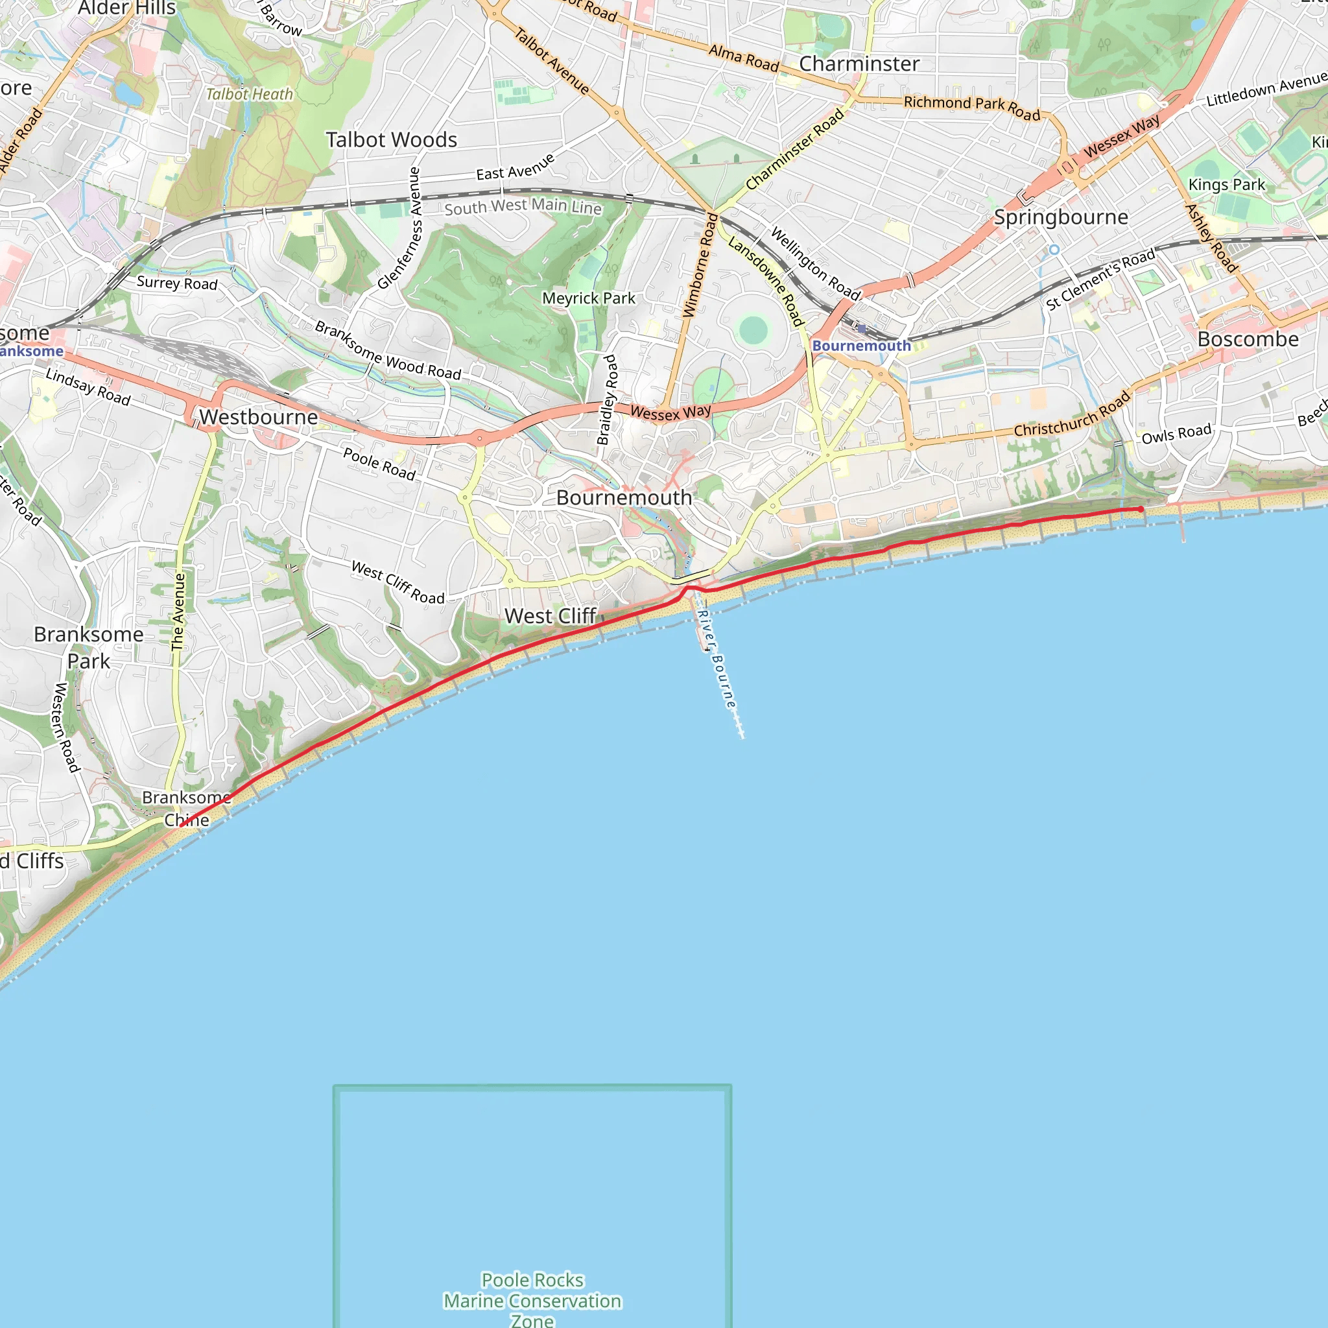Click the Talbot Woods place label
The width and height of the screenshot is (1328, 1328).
(391, 140)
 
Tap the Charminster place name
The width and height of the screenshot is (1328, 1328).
(859, 64)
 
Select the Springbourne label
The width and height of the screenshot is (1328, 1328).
(1061, 217)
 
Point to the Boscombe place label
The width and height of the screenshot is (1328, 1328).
(1248, 340)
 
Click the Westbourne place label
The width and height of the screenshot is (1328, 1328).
(259, 417)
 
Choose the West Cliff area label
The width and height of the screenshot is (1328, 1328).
(550, 616)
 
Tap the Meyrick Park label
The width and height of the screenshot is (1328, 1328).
(588, 298)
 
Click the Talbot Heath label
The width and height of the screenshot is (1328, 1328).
(250, 94)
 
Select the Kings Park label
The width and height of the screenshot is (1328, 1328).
(1226, 185)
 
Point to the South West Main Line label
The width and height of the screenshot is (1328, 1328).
(523, 206)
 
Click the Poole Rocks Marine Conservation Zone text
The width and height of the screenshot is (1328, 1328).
(532, 1300)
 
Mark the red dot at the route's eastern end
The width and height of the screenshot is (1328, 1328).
(1141, 509)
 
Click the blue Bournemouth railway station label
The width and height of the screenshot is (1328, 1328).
(860, 346)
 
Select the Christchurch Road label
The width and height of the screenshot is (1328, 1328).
(1073, 414)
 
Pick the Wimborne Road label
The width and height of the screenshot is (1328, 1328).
(699, 265)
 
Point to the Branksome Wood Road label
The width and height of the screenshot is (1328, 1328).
(388, 351)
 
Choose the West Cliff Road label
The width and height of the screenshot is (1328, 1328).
(397, 582)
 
